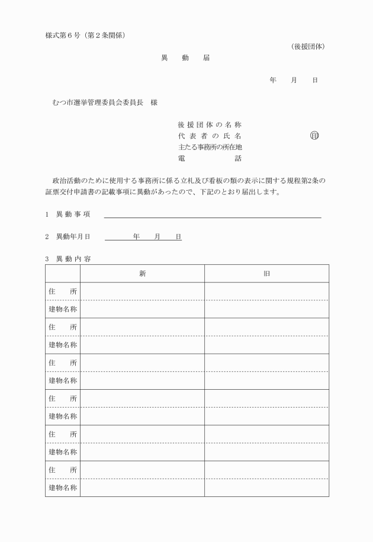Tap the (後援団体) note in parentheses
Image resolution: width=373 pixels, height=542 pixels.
point(308,46)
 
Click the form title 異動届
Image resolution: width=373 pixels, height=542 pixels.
point(185,58)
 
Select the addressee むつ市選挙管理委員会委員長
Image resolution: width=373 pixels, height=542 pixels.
point(98,102)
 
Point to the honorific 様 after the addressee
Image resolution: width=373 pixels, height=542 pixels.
point(154,102)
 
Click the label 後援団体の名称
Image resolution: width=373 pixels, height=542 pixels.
point(210,125)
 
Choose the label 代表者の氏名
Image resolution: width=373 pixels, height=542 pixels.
point(210,136)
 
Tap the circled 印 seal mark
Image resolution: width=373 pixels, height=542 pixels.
point(314,136)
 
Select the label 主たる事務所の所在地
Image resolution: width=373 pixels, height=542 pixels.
point(210,147)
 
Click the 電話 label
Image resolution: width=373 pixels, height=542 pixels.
point(210,159)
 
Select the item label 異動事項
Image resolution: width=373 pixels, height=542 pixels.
point(73,214)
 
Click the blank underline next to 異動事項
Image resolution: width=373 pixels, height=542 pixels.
point(213,216)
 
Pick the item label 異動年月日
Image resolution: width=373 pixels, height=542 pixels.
point(73,237)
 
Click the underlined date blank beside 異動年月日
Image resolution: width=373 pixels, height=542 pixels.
point(143,238)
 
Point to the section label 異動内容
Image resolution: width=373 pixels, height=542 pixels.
point(73,259)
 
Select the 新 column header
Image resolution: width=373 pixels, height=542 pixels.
point(143,274)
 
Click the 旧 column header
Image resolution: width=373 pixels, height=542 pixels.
point(267,274)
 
